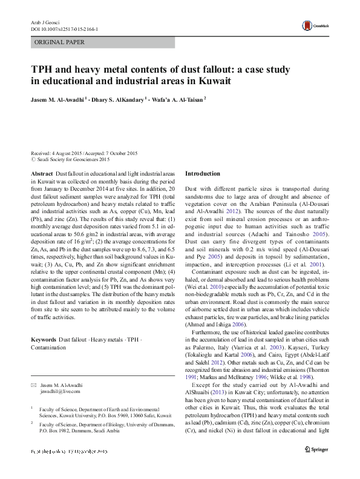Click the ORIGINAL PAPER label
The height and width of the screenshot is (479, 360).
[x=60, y=42]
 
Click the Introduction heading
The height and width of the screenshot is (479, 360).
[x=202, y=173]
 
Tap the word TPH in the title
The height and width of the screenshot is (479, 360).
[x=44, y=70]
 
